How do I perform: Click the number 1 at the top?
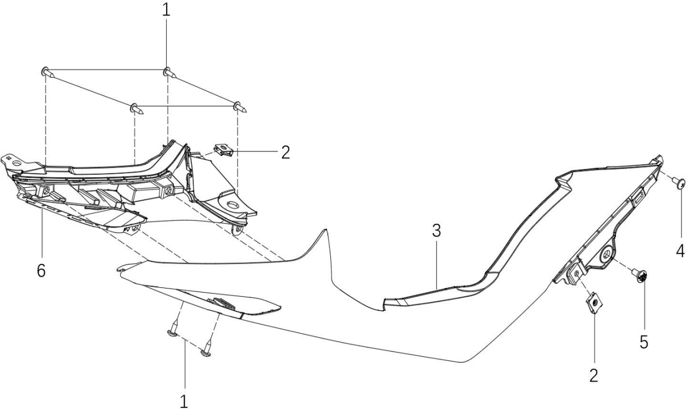pyautogui.click(x=165, y=10)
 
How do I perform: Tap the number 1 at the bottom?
pyautogui.click(x=184, y=401)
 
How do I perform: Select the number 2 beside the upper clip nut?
pyautogui.click(x=286, y=153)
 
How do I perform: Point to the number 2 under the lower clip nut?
pyautogui.click(x=594, y=376)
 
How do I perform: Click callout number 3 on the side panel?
pyautogui.click(x=436, y=231)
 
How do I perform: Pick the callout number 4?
pyautogui.click(x=680, y=251)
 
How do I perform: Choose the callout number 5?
pyautogui.click(x=644, y=342)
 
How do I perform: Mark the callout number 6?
pyautogui.click(x=41, y=270)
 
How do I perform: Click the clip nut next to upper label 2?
pyautogui.click(x=224, y=151)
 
